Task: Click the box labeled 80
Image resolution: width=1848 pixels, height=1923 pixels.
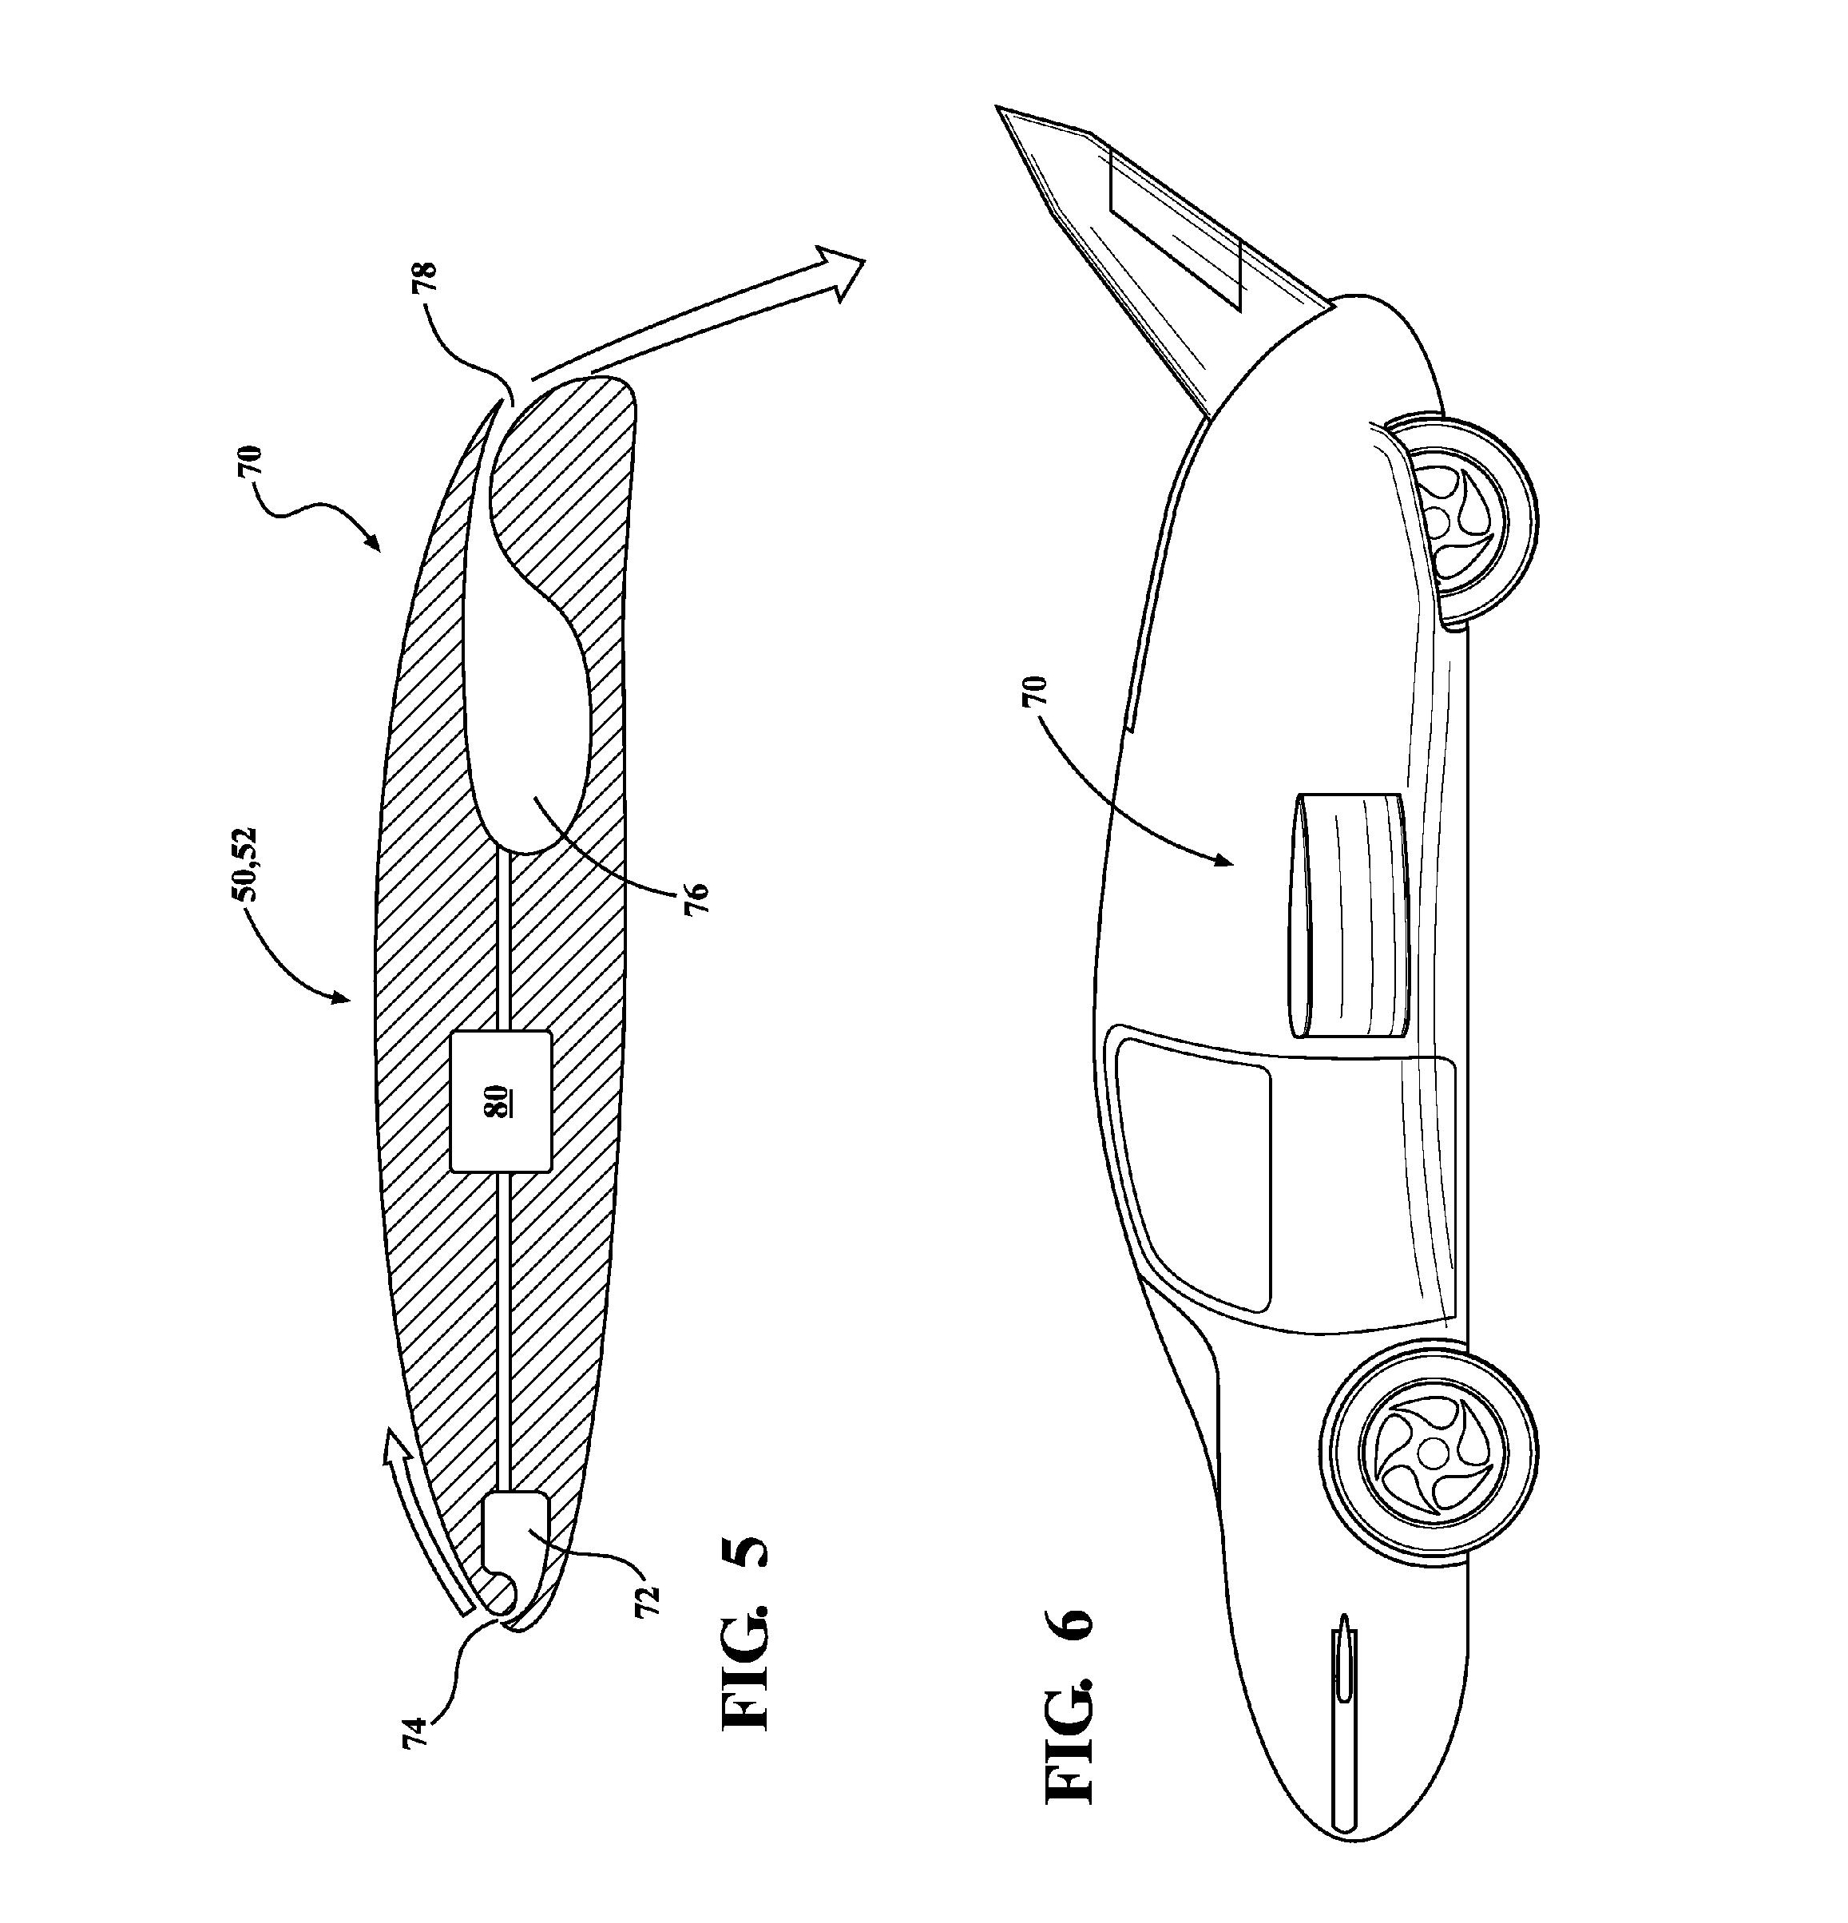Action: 501,1100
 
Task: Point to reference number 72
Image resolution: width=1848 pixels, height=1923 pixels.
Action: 648,1600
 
